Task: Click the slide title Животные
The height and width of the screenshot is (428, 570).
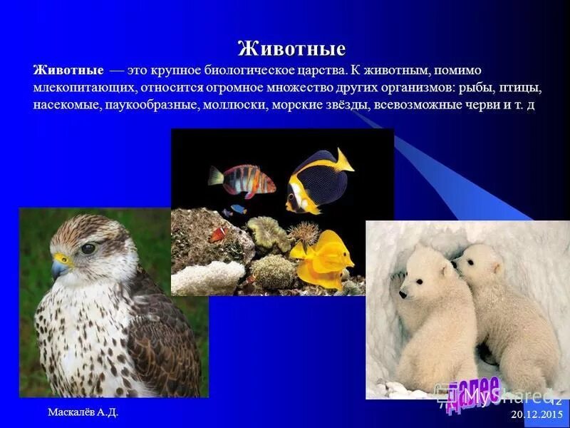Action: [291, 49]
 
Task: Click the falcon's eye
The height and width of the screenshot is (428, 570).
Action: [88, 248]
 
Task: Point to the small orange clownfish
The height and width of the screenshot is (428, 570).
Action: [217, 234]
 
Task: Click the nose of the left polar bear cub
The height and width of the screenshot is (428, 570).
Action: [402, 293]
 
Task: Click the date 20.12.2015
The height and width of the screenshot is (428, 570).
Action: [537, 414]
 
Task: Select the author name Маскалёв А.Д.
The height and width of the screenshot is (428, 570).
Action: [83, 412]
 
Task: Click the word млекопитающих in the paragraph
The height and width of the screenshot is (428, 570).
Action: [83, 88]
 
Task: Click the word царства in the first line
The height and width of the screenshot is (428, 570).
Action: [318, 71]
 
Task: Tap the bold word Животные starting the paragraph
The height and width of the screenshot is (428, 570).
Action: [68, 71]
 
